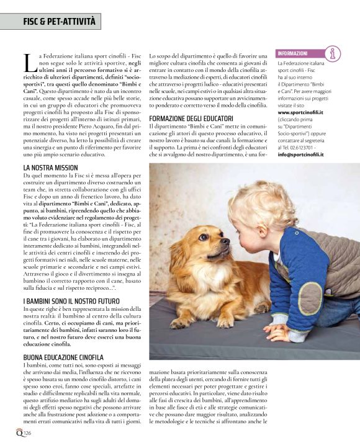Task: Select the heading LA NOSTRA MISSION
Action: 50,168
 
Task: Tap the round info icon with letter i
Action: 333,54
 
